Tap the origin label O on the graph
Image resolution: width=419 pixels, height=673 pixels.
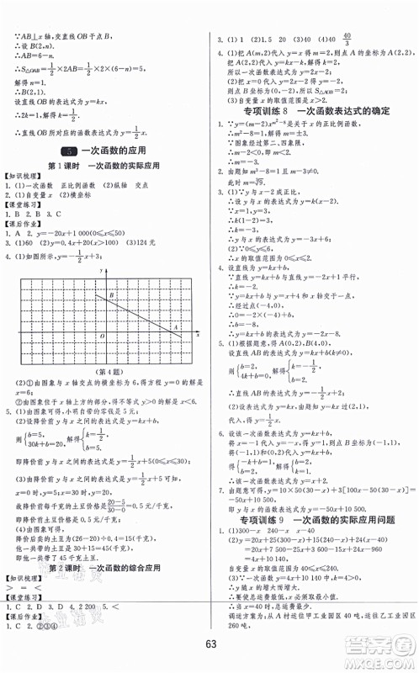pyautogui.click(x=102, y=336)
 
